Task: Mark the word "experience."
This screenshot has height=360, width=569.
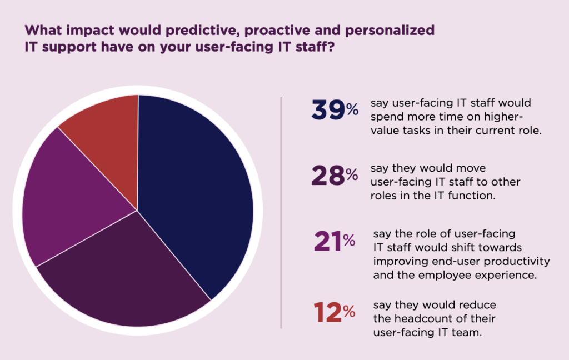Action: tap(506, 274)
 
